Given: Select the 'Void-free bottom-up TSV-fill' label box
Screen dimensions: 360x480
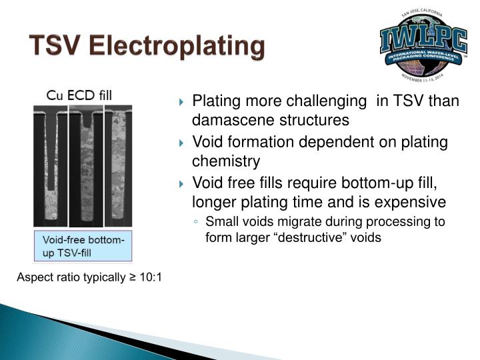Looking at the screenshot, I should pos(83,245).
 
